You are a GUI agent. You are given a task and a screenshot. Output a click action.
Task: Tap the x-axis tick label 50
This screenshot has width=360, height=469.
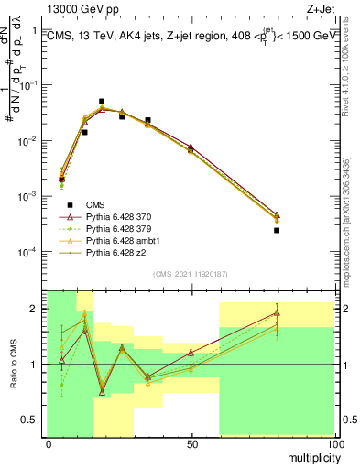point(191,443)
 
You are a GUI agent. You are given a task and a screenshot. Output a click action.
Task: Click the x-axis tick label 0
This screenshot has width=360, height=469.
point(48,443)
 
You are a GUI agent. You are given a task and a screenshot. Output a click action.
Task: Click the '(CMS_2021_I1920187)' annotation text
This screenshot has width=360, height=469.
point(191,274)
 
